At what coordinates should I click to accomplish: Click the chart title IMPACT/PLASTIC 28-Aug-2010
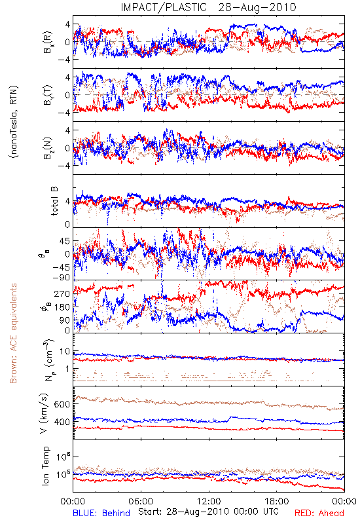(x=208, y=7)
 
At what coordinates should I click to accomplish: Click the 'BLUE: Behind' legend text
(x=101, y=513)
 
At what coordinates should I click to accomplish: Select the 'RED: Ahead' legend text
(x=319, y=513)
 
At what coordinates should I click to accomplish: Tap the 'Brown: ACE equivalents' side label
(x=13, y=333)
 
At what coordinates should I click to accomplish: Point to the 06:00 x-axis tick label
(x=141, y=501)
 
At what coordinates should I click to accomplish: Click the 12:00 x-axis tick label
(x=209, y=501)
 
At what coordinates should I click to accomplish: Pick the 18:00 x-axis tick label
(x=277, y=501)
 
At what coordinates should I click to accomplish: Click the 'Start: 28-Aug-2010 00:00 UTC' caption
(x=208, y=512)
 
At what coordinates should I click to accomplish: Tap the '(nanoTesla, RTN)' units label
(x=14, y=122)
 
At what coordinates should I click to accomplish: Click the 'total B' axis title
(x=54, y=201)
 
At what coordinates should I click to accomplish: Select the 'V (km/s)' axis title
(x=44, y=413)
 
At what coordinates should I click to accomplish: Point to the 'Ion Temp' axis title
(x=45, y=466)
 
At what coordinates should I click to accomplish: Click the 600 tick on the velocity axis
(x=62, y=404)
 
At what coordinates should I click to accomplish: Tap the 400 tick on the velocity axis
(x=62, y=422)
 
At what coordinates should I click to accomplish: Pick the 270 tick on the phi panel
(x=62, y=293)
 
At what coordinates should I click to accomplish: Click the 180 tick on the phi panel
(x=62, y=307)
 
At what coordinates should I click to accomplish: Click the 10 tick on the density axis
(x=65, y=352)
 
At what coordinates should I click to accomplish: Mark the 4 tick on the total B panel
(x=68, y=202)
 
